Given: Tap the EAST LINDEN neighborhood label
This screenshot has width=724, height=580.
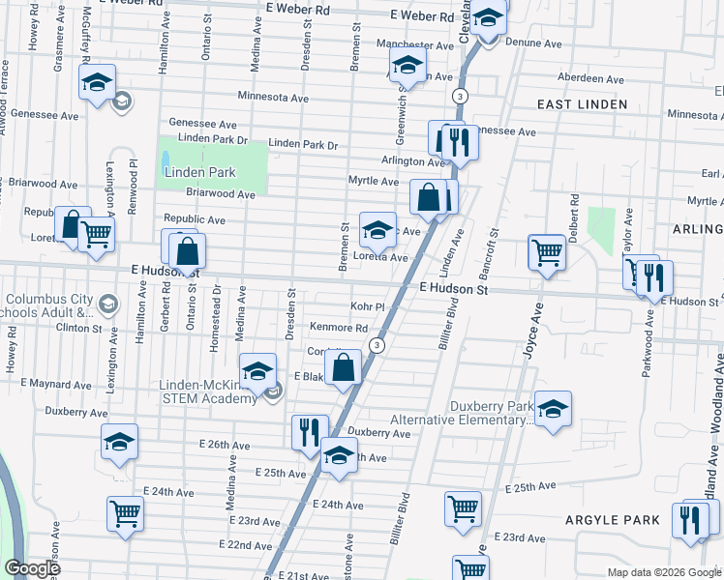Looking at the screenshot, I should (x=583, y=103).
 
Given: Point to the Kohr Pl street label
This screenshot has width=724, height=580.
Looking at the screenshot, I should (x=368, y=305).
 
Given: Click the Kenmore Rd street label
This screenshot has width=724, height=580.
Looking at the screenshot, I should (x=338, y=328).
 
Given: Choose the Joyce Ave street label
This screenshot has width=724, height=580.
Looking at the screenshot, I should (x=528, y=334).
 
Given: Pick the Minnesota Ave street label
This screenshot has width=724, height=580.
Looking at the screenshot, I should (x=274, y=98).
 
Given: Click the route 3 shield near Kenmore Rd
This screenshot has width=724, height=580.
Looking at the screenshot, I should (x=377, y=345).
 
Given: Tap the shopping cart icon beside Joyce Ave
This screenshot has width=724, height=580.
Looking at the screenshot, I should (x=546, y=252).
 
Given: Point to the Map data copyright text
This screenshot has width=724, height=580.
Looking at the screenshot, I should (x=663, y=572).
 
